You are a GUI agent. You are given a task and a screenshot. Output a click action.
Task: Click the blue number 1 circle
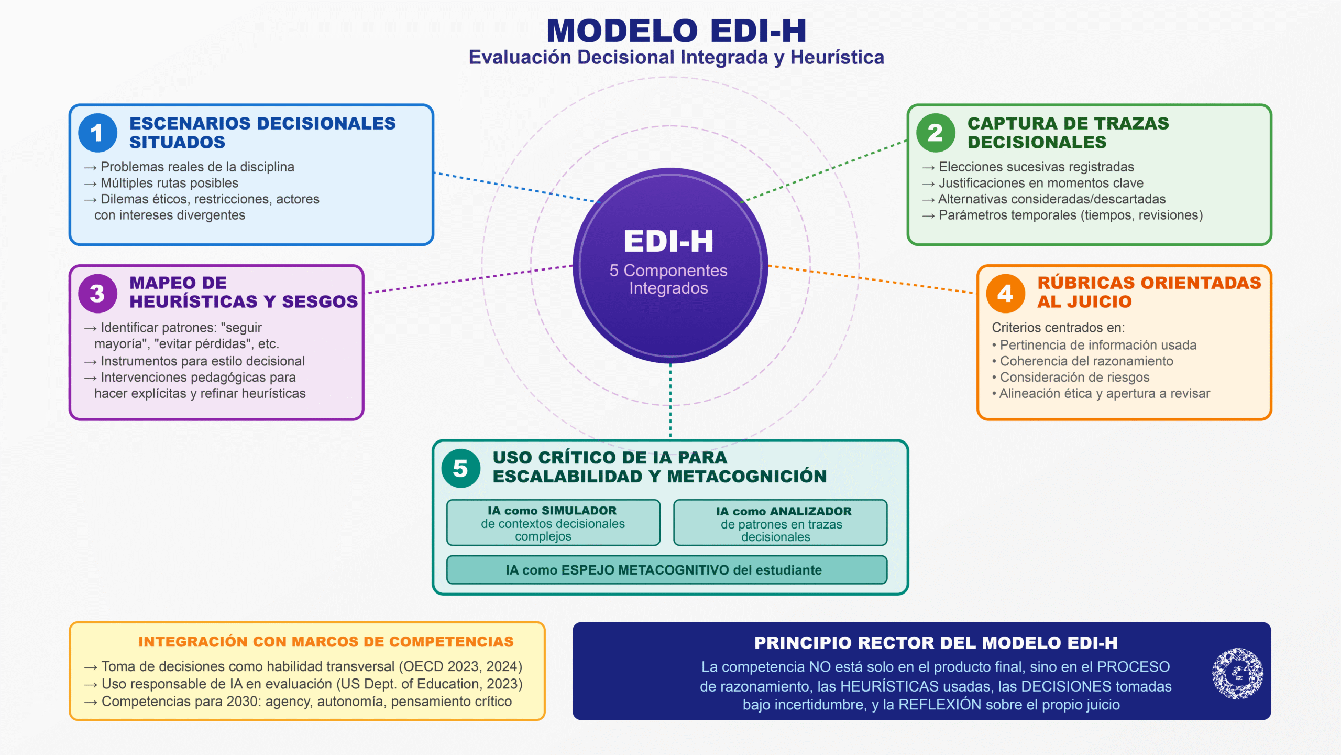tap(97, 133)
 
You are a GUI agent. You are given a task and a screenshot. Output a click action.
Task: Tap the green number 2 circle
tap(936, 133)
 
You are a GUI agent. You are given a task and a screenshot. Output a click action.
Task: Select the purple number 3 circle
tap(97, 294)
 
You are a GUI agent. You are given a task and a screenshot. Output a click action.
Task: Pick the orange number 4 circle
tap(1005, 294)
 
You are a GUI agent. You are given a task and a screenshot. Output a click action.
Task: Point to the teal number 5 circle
tap(460, 468)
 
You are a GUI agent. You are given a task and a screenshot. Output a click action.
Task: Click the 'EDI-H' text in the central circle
tap(669, 242)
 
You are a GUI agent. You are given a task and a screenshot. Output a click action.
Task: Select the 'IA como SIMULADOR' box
tap(553, 523)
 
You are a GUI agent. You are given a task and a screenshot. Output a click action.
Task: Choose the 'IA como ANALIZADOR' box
tap(780, 523)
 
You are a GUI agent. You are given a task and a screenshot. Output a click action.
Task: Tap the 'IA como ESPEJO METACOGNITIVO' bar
tap(666, 570)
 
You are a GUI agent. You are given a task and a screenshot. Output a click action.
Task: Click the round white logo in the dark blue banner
tap(1237, 674)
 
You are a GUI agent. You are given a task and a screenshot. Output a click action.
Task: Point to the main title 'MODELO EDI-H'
tap(676, 31)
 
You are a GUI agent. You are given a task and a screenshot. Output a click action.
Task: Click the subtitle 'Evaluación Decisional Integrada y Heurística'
tap(676, 58)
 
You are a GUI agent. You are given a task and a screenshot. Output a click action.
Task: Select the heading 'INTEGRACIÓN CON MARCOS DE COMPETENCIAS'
tap(326, 642)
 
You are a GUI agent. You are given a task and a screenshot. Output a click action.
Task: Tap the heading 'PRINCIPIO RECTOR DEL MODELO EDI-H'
tap(936, 643)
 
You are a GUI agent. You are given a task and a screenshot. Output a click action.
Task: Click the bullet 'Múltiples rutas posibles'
tap(169, 183)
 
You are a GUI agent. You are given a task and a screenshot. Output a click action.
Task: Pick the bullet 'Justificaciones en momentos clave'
tap(1040, 183)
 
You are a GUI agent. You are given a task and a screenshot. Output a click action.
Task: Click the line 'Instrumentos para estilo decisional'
tap(202, 361)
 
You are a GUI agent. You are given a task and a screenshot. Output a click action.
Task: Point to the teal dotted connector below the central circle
tap(670, 401)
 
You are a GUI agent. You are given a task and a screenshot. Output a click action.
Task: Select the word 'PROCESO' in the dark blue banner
tap(1133, 667)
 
